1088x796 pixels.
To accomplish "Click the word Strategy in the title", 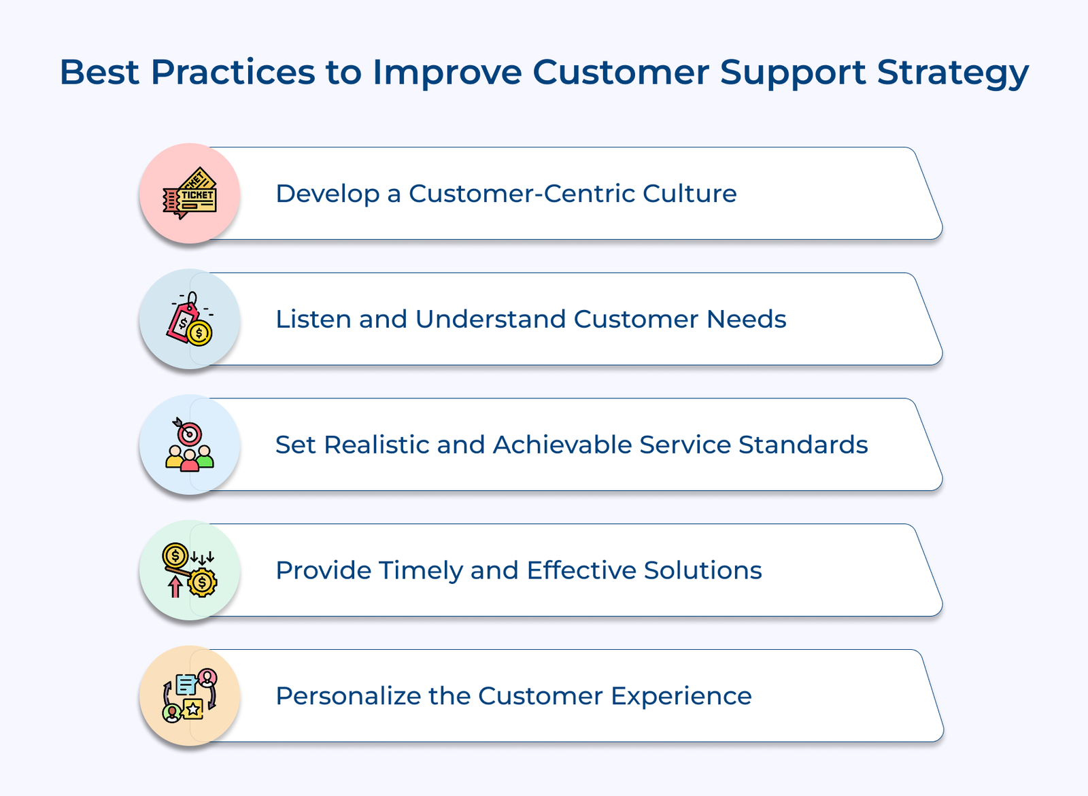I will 953,72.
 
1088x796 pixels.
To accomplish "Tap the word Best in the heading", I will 99,72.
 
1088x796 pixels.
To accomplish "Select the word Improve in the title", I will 447,72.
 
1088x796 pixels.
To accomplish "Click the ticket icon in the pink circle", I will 190,194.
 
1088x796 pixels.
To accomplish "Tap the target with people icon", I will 190,445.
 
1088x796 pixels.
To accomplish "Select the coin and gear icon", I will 190,570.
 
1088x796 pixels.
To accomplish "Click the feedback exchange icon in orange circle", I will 190,695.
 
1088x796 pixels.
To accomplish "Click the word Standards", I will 803,445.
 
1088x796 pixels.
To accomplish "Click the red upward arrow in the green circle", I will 175,586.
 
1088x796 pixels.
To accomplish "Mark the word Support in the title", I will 793,72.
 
